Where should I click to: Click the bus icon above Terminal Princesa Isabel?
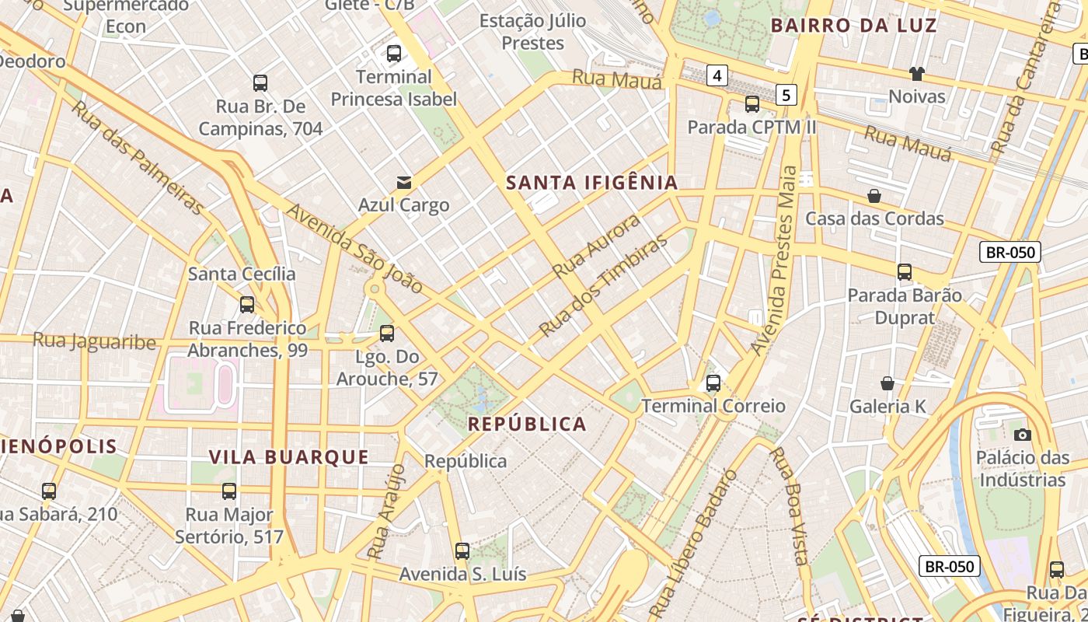click(394, 54)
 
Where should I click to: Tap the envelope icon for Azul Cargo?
click(404, 183)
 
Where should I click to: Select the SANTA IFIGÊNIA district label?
click(592, 183)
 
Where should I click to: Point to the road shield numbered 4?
click(717, 75)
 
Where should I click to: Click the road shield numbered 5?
click(787, 95)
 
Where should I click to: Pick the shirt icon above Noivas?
click(917, 74)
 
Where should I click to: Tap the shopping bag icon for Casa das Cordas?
click(874, 196)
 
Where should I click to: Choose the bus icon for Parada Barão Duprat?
click(905, 272)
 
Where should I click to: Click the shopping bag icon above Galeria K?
click(887, 383)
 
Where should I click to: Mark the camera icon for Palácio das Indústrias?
click(1023, 435)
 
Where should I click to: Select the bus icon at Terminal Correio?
click(713, 383)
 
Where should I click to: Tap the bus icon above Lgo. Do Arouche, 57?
click(387, 334)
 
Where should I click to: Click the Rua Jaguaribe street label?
click(94, 341)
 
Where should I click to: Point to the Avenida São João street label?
click(355, 249)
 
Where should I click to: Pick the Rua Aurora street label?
click(597, 246)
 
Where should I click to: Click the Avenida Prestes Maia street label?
click(781, 260)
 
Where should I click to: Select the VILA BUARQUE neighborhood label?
click(288, 456)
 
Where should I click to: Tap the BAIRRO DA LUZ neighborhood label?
click(853, 25)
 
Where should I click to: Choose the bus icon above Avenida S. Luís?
click(462, 551)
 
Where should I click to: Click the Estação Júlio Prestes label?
click(532, 31)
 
